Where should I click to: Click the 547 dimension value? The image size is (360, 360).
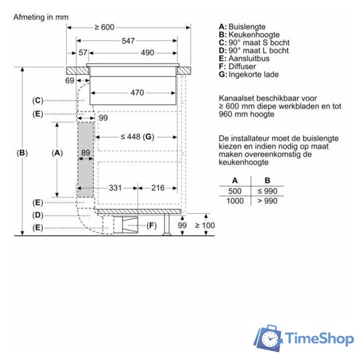click(x=128, y=40)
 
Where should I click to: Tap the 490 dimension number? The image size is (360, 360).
click(x=147, y=53)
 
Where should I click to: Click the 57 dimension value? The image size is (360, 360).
click(x=83, y=53)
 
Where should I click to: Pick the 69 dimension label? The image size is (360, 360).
click(x=70, y=81)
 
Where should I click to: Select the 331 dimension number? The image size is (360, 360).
click(x=115, y=188)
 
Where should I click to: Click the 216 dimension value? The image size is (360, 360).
click(x=157, y=188)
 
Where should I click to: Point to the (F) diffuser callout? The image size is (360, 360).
click(x=151, y=226)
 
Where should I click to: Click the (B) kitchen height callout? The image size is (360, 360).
click(x=22, y=152)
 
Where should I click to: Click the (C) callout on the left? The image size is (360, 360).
click(x=38, y=101)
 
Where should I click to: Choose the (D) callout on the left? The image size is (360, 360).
click(x=38, y=215)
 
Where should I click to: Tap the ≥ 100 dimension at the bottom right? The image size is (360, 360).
click(x=205, y=226)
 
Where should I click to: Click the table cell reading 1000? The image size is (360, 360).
click(x=235, y=201)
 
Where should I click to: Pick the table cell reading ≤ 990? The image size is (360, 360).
click(x=267, y=191)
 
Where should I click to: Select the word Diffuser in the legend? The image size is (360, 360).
click(x=243, y=66)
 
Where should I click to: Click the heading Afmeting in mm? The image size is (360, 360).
click(x=40, y=17)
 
